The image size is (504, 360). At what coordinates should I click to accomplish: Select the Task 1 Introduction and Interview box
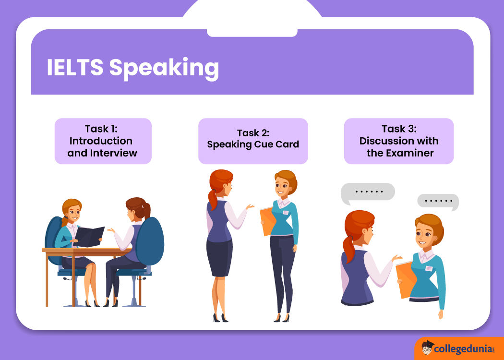pyautogui.click(x=103, y=141)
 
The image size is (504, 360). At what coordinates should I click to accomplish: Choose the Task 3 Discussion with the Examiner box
pyautogui.click(x=398, y=141)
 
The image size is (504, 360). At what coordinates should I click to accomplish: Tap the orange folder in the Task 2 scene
pyautogui.click(x=267, y=221)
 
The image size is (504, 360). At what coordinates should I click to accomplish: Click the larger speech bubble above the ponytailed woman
pyautogui.click(x=368, y=192)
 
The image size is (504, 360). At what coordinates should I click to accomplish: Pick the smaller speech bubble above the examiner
pyautogui.click(x=438, y=201)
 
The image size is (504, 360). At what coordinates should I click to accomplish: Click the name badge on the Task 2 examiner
pyautogui.click(x=286, y=212)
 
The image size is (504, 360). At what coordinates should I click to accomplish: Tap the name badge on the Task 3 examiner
pyautogui.click(x=429, y=268)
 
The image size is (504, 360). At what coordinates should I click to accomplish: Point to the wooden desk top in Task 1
pyautogui.click(x=86, y=250)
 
